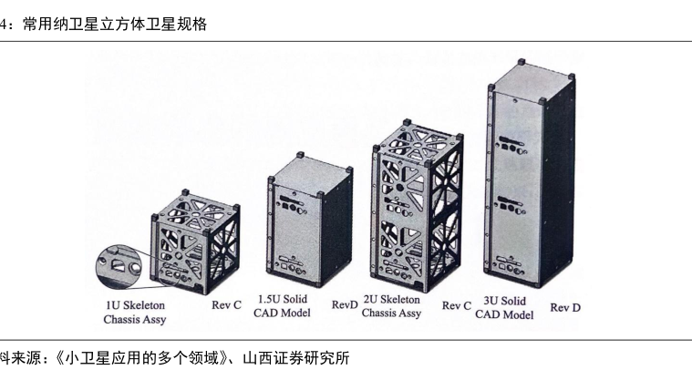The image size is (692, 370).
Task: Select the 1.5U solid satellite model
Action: click(309, 224)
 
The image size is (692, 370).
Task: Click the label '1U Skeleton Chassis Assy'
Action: click(134, 313)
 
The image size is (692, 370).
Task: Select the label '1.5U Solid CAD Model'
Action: click(284, 306)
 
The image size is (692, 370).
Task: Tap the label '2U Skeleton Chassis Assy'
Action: click(391, 306)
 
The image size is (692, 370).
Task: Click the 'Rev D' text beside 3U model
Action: click(565, 308)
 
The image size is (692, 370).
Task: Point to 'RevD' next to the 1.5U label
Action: click(345, 304)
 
